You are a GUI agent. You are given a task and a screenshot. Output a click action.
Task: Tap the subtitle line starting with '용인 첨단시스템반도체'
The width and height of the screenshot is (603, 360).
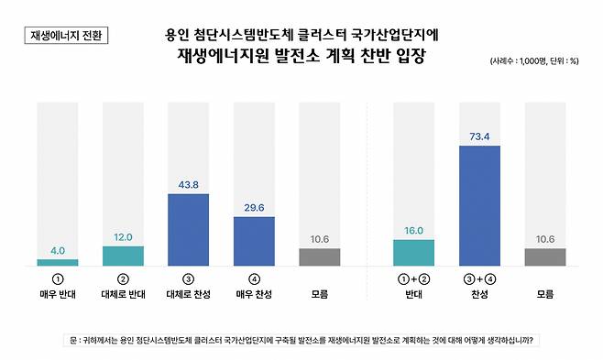(302, 36)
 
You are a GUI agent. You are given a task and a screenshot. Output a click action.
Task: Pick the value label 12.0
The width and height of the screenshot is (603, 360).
(123, 236)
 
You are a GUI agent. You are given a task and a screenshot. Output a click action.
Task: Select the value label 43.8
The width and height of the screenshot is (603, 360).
(189, 184)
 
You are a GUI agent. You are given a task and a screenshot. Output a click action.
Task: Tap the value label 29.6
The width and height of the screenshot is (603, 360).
(254, 208)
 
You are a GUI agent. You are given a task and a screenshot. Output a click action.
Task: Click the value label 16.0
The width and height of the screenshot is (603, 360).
(414, 231)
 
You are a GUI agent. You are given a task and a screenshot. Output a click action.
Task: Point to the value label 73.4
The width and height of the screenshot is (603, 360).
(479, 136)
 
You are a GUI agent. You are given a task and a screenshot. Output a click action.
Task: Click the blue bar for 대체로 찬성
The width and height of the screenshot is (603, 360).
(189, 230)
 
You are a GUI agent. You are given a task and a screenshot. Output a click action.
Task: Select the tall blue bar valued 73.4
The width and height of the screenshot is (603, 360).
(479, 205)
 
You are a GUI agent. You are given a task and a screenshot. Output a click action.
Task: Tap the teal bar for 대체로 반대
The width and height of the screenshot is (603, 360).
(123, 256)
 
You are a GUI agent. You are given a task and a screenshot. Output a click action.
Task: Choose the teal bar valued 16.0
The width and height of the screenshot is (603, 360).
(414, 253)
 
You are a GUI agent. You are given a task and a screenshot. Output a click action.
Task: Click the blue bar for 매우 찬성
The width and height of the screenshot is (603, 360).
(254, 241)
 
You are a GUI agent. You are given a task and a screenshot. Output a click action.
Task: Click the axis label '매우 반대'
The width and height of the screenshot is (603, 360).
(58, 295)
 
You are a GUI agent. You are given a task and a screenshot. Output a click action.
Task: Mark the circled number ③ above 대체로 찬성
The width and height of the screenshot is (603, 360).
(189, 278)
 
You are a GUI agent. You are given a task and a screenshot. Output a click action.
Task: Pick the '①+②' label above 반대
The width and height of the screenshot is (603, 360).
(414, 278)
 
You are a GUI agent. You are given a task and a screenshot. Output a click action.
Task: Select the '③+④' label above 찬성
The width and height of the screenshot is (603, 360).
(479, 278)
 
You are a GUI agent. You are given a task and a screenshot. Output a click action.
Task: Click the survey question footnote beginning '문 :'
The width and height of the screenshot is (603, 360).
(302, 340)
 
